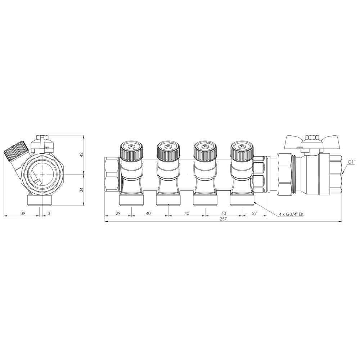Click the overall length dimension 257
tap(223, 219)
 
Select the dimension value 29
tap(118, 213)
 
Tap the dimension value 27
tap(255, 213)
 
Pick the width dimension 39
tap(22, 213)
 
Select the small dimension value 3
tap(49, 213)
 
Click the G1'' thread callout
tap(351, 162)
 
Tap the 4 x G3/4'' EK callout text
tap(291, 215)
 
